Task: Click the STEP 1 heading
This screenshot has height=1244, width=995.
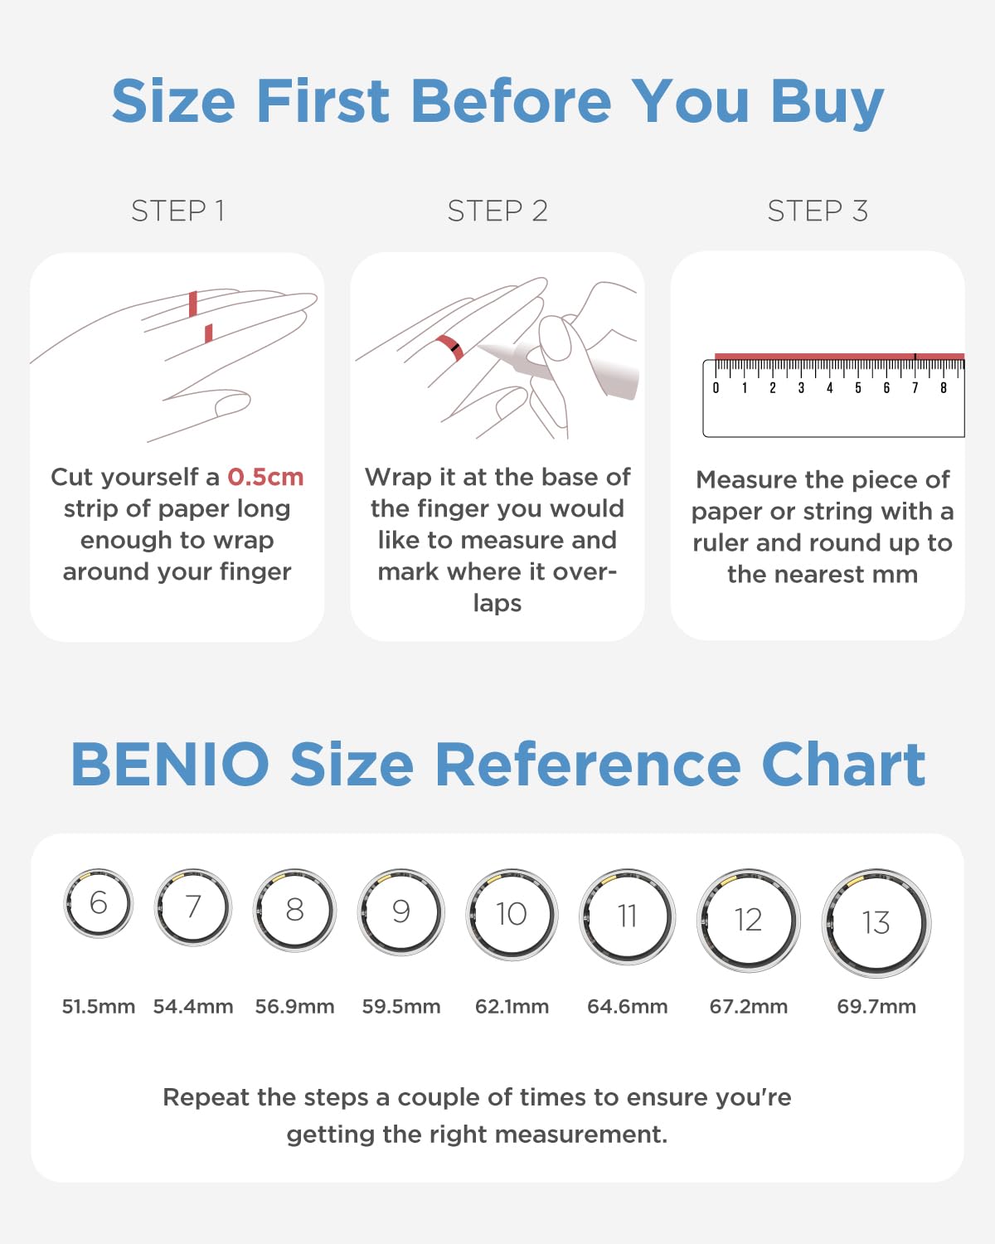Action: (177, 211)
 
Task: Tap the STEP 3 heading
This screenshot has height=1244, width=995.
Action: (818, 211)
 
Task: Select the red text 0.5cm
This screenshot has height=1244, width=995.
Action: (265, 478)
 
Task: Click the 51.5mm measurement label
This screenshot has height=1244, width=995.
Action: (99, 1007)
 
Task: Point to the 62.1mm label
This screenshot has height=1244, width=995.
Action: (512, 1007)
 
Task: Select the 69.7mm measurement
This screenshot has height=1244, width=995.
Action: (876, 1007)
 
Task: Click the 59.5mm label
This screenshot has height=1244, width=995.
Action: (401, 1007)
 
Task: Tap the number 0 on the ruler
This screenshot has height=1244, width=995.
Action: (716, 388)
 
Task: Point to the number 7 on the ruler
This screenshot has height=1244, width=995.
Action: (915, 388)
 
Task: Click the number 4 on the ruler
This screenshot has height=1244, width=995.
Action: (830, 388)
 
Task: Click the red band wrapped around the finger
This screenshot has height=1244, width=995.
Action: (449, 347)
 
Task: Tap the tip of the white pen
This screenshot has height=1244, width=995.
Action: (478, 347)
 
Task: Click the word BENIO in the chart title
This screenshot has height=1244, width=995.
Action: (170, 764)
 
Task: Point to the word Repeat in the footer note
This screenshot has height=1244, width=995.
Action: (200, 1098)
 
